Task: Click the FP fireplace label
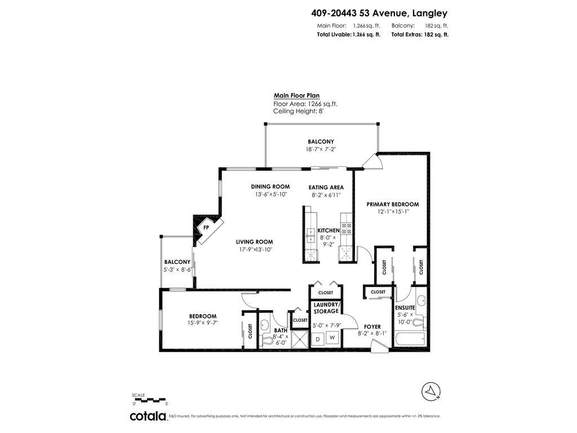coord(206,228)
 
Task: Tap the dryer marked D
coord(318,338)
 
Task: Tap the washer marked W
coord(332,338)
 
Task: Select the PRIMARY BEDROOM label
coord(393,204)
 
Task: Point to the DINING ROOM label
coord(270,187)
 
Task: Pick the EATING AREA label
coord(326,187)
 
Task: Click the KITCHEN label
coord(329,231)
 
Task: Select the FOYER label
coord(372,326)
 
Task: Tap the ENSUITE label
coord(405,307)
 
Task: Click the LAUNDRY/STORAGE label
coord(326,308)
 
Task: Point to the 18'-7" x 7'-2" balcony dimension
coord(321,149)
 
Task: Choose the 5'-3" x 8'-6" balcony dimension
coord(177,269)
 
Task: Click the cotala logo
coord(148,416)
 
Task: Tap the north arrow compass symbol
coord(431,390)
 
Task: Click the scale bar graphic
coord(150,400)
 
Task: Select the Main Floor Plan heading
coord(296,96)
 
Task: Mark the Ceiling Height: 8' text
coord(298,111)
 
